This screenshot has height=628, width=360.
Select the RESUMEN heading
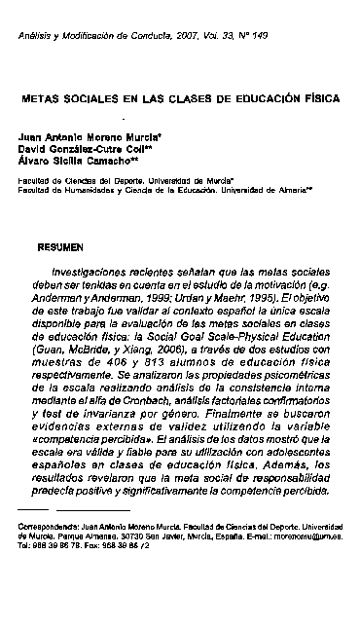point(59,247)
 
